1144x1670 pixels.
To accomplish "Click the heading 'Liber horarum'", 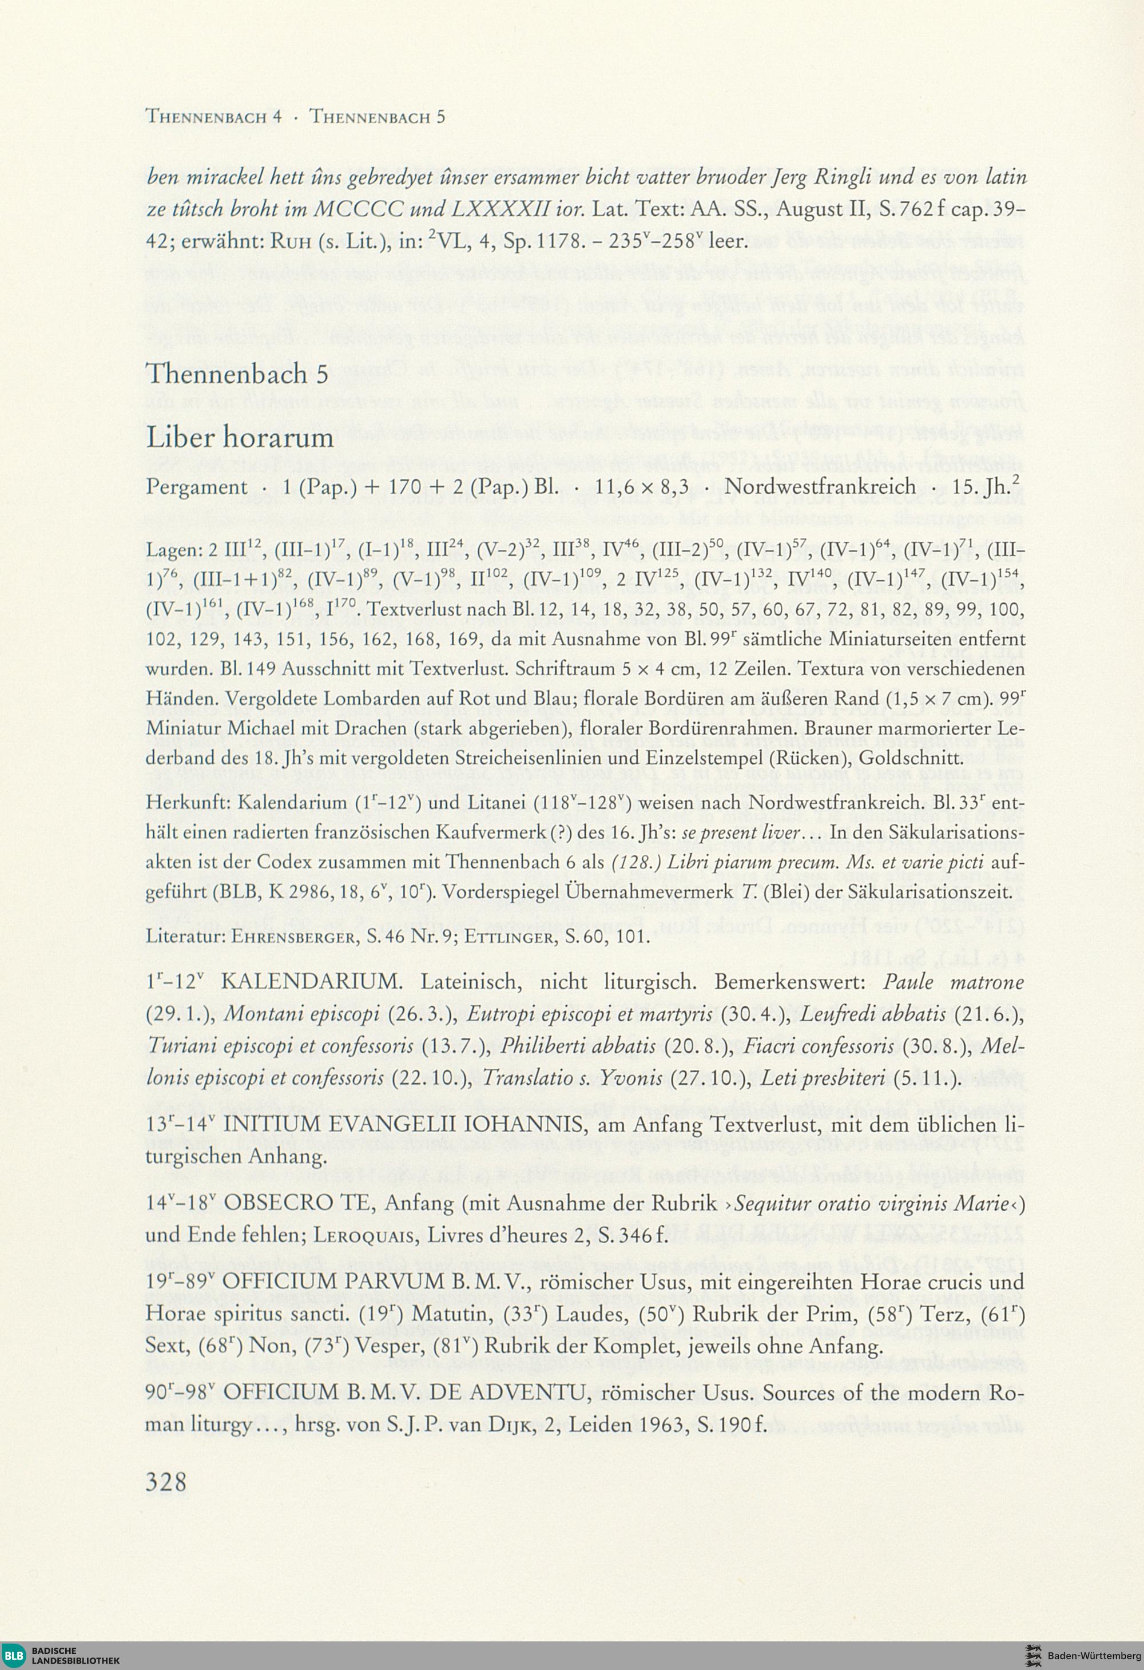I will tap(240, 438).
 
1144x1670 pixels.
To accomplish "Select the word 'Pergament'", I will tap(196, 487).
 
